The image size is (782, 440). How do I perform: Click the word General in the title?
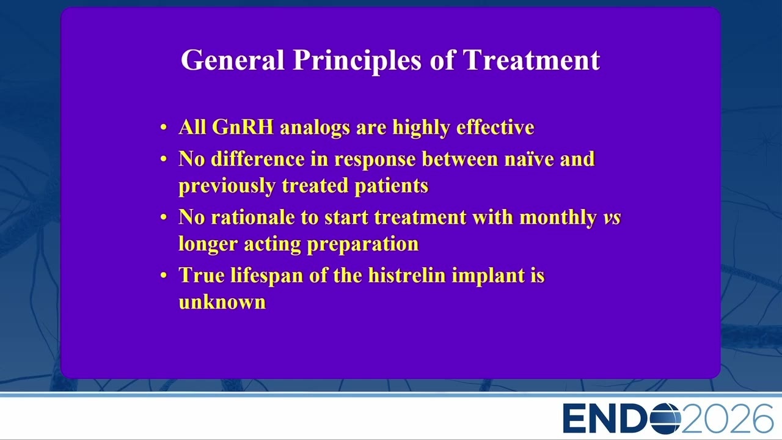233,59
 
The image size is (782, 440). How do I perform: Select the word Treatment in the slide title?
532,60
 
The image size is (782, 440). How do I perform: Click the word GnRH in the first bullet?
243,127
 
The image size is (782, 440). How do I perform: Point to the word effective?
495,127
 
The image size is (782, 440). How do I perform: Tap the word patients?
392,186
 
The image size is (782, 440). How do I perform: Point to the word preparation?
363,244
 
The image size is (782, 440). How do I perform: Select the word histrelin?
407,275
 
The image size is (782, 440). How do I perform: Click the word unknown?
222,302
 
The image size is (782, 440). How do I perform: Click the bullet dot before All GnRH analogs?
164,128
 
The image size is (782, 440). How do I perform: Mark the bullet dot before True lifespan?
164,276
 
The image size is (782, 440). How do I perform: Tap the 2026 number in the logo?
727,418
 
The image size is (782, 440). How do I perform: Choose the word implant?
488,276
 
